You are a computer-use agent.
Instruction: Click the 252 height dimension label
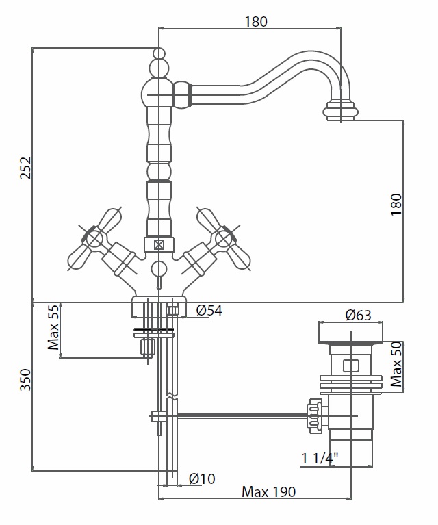[26, 168]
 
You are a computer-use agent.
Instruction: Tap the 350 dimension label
[26, 379]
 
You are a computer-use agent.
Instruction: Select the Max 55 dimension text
[53, 327]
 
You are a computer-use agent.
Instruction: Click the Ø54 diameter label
[209, 310]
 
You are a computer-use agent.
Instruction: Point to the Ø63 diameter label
[359, 315]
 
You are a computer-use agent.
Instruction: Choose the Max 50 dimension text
[396, 364]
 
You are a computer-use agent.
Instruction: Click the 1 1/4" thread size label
[320, 459]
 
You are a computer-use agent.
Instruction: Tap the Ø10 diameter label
[202, 478]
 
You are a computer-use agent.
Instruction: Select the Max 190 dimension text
[268, 492]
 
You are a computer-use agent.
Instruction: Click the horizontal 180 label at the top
[256, 22]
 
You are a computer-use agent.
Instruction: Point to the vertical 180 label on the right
[396, 205]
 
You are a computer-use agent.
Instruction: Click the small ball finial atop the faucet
[159, 53]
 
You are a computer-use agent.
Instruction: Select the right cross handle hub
[223, 239]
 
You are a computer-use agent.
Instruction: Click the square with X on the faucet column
[158, 245]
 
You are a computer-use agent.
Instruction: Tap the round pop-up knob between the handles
[159, 269]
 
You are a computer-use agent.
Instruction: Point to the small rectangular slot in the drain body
[351, 366]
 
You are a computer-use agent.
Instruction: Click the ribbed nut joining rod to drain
[315, 416]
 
